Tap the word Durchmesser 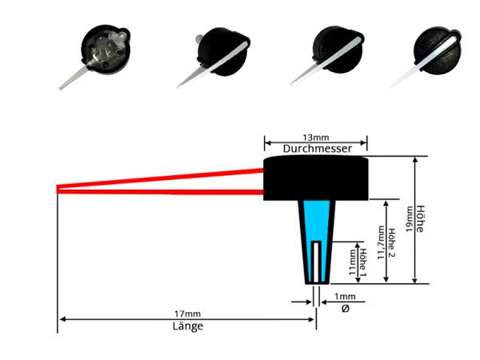(x=315, y=149)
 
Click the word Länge (x=187, y=326)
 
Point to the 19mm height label (x=410, y=219)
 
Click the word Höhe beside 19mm (x=421, y=219)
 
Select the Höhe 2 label (x=391, y=242)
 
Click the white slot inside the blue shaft (x=318, y=260)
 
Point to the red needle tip (x=60, y=189)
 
